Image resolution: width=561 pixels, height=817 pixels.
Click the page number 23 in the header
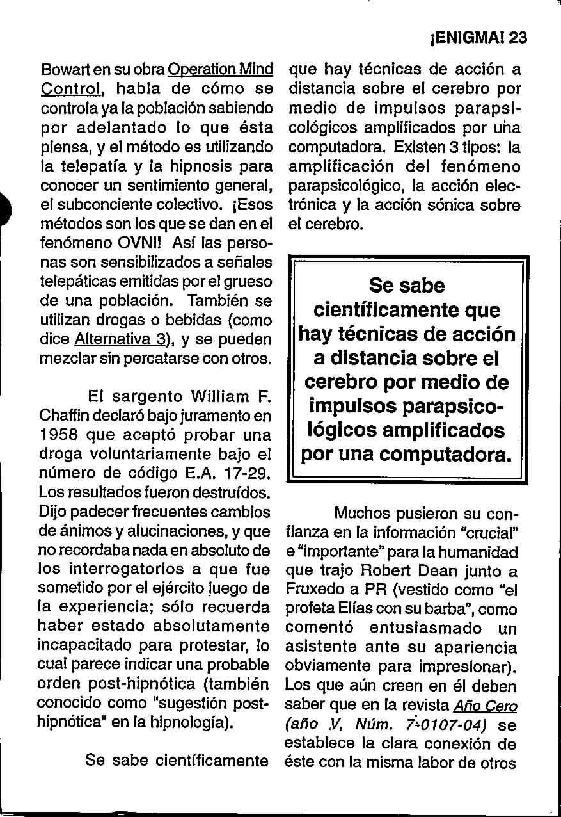tap(514, 37)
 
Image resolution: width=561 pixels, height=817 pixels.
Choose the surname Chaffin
tap(61, 415)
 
